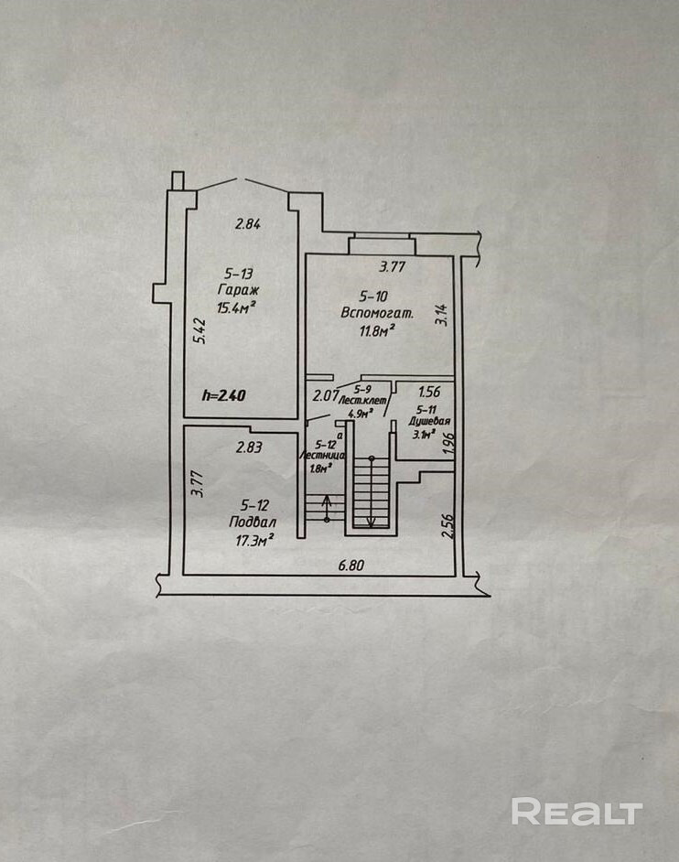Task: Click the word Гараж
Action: coord(235,290)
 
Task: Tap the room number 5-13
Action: coord(238,273)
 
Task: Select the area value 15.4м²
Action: coord(235,307)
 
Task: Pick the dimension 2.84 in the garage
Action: coord(247,223)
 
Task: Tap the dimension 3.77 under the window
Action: coord(393,267)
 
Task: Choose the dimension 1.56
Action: coord(429,392)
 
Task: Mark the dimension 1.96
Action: coord(448,444)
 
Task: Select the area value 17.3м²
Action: coord(255,540)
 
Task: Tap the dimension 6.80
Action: coord(351,566)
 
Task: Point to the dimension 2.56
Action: coord(447,525)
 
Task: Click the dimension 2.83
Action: coord(249,447)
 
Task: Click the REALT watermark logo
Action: coord(577,812)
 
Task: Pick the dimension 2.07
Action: coord(325,396)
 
